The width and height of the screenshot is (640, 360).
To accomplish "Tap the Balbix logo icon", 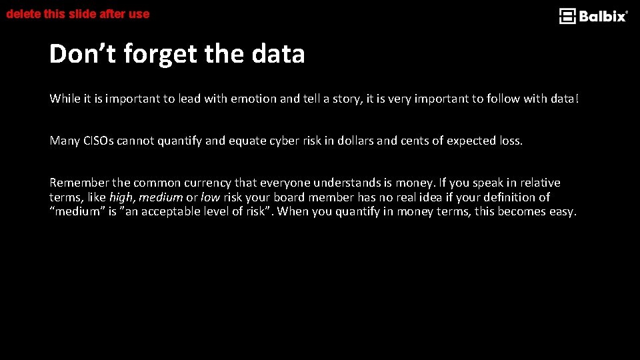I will coord(567,16).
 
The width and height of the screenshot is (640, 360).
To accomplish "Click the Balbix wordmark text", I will coord(603,16).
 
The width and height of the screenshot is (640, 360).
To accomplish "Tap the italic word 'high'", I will coord(121,197).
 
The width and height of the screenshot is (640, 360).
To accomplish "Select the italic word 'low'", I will coord(210,197).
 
